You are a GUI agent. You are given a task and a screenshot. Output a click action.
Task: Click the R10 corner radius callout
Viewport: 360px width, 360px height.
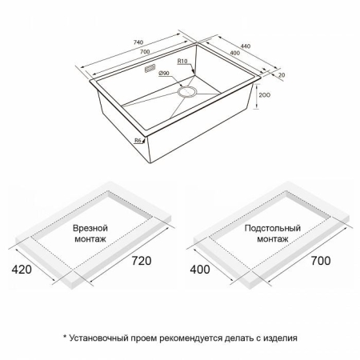183,61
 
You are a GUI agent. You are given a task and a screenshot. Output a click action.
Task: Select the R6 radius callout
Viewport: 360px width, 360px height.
138,139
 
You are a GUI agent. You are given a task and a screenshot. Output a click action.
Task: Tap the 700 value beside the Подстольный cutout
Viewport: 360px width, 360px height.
314,262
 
